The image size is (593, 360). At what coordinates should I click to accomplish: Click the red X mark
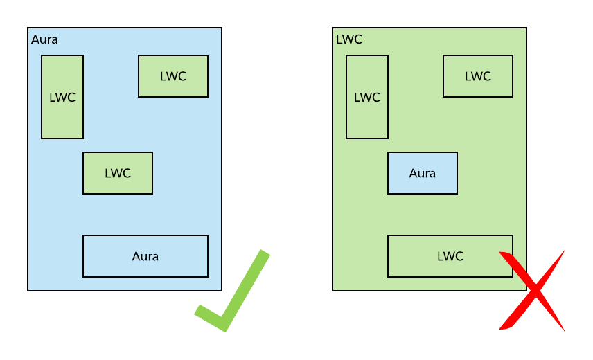tap(532, 291)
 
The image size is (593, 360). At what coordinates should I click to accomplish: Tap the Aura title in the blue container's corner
tap(44, 39)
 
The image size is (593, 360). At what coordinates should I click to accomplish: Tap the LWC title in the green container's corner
tap(348, 39)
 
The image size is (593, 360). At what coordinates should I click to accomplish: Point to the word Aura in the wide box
tap(145, 256)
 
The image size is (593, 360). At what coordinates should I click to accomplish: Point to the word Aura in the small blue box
tap(423, 173)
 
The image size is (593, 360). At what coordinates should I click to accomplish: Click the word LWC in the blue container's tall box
tap(62, 97)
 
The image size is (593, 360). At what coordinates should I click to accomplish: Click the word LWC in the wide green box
tap(450, 256)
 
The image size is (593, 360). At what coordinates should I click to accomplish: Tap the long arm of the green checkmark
tap(246, 287)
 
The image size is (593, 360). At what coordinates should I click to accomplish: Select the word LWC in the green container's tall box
tap(367, 97)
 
